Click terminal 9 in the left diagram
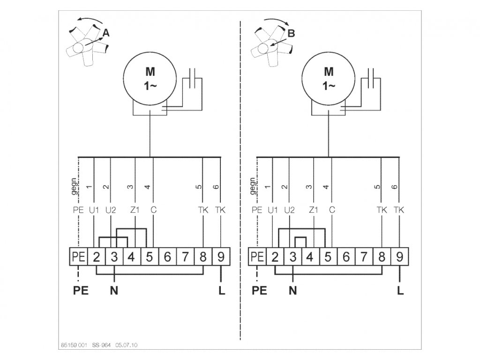[221, 257]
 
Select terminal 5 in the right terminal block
[328, 257]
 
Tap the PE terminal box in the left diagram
[78, 257]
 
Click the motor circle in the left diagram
[150, 80]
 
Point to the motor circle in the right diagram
[329, 80]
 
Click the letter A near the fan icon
[106, 33]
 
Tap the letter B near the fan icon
[291, 33]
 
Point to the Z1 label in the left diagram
[135, 210]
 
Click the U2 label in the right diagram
[289, 210]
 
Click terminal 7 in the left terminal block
[185, 257]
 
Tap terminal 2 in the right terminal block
[275, 257]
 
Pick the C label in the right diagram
[332, 210]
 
